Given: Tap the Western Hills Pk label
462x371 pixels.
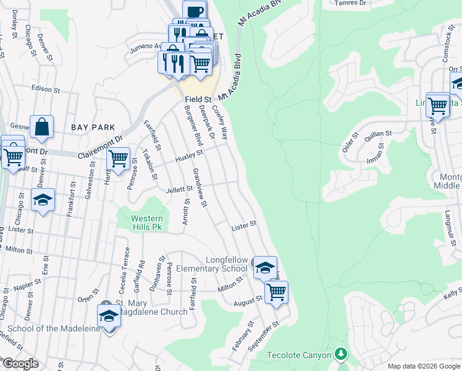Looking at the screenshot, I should click(x=146, y=223).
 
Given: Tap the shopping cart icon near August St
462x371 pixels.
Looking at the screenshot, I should click(x=277, y=291).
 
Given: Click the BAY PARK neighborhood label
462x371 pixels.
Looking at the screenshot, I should click(x=93, y=127).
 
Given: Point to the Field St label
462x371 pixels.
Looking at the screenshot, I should click(x=198, y=99).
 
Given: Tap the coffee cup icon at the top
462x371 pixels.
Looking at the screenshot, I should click(x=195, y=12).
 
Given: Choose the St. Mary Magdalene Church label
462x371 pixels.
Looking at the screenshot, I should click(x=151, y=307).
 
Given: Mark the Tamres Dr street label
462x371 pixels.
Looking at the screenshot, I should click(x=350, y=3).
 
